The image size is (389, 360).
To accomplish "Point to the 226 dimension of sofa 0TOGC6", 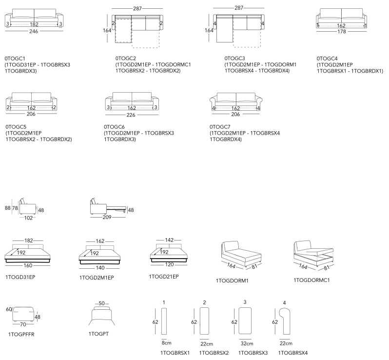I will click(x=132, y=116).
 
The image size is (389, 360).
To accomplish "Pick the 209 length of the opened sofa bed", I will click(x=107, y=218).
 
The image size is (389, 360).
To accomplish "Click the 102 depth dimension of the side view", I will click(x=29, y=218).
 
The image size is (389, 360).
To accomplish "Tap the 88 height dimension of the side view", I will click(x=7, y=208).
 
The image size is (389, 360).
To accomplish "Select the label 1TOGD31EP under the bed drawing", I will click(x=20, y=277).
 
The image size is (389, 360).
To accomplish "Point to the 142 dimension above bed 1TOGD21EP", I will click(x=169, y=240).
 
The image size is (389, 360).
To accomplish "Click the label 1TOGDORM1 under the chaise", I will click(x=232, y=280).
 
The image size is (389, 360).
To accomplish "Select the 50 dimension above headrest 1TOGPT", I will click(x=102, y=303).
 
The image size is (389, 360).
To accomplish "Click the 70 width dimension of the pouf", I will click(x=22, y=324).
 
